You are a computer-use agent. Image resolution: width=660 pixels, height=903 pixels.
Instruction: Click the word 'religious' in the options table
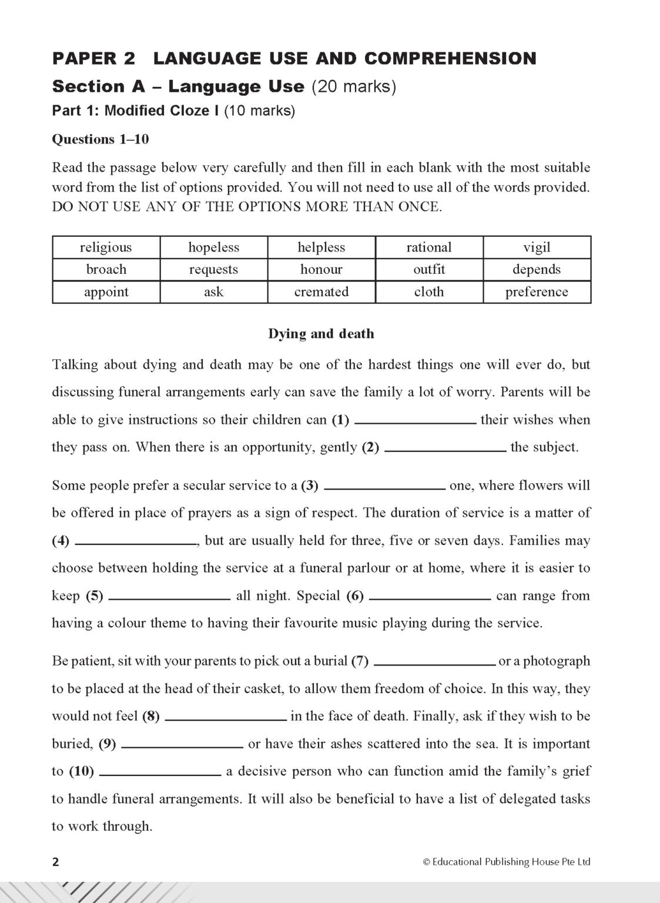106,248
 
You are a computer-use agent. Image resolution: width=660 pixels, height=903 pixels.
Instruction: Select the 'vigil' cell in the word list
537,248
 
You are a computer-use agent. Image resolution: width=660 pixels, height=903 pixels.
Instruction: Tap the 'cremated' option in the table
321,292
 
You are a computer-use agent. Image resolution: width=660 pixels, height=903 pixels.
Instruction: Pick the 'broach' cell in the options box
106,270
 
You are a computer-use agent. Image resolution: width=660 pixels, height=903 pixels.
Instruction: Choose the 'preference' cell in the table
537,292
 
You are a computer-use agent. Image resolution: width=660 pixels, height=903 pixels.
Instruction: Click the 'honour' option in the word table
321,270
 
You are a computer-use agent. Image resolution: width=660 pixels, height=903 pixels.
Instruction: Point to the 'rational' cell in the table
429,248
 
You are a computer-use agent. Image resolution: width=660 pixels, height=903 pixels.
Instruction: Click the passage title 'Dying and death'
321,334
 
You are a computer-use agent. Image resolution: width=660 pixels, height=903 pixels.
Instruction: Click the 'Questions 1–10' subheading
100,139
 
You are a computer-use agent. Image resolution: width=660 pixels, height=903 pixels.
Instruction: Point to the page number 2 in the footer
56,862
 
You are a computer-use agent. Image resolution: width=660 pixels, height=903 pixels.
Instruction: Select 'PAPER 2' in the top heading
93,58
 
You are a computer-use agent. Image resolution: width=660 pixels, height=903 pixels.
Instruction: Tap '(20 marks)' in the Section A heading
354,87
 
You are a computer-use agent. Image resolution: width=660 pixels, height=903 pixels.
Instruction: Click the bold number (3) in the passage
309,486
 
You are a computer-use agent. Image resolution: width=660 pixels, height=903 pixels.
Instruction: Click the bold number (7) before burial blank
360,661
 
